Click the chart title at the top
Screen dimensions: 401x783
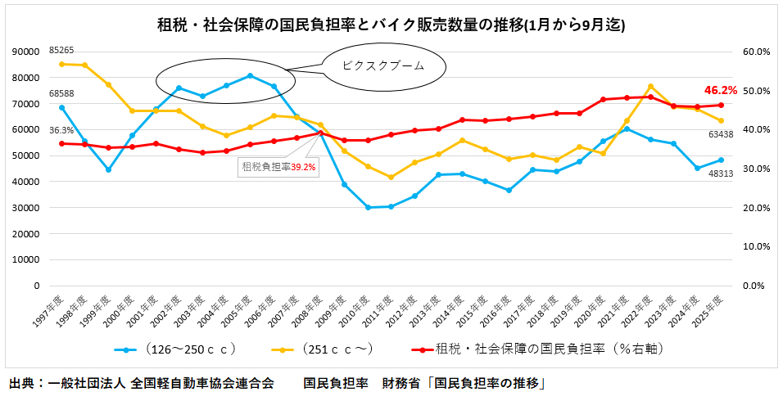pyautogui.click(x=391, y=25)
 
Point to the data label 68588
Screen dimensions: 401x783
pyautogui.click(x=62, y=93)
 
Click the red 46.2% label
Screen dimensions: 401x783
pyautogui.click(x=720, y=90)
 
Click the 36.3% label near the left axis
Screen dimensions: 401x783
pyautogui.click(x=61, y=130)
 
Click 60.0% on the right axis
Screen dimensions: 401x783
pyautogui.click(x=755, y=52)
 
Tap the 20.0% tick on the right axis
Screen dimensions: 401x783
pyautogui.click(x=755, y=208)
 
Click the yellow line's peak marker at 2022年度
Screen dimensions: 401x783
pyautogui.click(x=650, y=86)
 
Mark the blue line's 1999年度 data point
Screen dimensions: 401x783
pyautogui.click(x=108, y=169)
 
